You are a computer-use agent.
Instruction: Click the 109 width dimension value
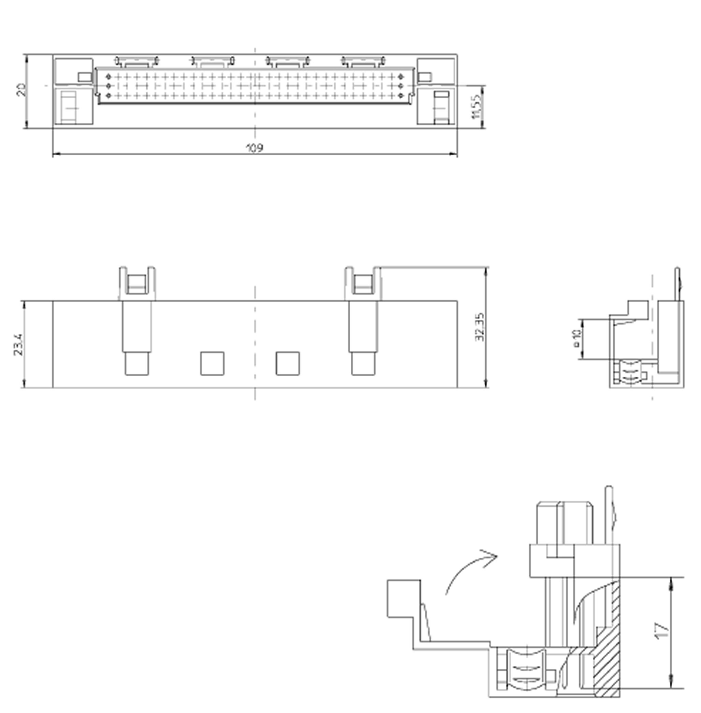point(254,148)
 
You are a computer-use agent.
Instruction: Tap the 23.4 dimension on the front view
point(18,345)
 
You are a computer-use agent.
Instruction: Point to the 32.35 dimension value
point(480,327)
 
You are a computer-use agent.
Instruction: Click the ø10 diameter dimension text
point(577,339)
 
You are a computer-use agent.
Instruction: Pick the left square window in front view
point(212,363)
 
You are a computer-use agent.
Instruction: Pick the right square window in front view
point(288,363)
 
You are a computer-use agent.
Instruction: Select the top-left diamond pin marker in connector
point(108,76)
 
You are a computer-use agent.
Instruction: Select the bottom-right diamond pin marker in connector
point(400,96)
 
